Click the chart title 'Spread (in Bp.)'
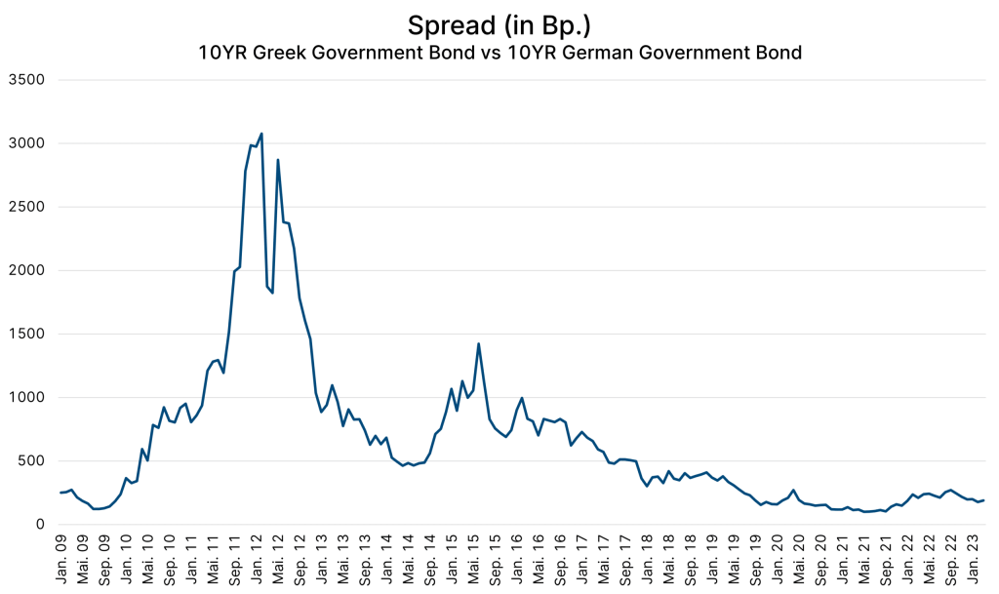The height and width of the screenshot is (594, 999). click(499, 23)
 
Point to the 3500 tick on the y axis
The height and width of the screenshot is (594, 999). click(27, 80)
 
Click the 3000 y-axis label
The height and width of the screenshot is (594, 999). click(27, 143)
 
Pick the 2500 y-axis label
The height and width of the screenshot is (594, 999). click(27, 207)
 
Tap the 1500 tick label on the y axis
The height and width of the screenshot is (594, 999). click(27, 334)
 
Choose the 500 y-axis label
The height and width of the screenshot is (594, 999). click(31, 460)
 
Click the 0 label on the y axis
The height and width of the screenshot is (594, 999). click(40, 525)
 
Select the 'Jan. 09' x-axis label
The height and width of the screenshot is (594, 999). click(60, 560)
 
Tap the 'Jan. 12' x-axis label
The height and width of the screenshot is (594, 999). click(258, 560)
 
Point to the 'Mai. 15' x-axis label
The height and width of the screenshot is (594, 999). click(477, 560)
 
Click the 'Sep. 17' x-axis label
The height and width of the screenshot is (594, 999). click(630, 560)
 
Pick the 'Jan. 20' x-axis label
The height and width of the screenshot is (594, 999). click(783, 560)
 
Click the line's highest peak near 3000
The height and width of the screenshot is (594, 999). click(261, 134)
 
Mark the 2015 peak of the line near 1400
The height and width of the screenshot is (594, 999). click(478, 343)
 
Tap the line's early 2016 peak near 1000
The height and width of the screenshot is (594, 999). click(522, 398)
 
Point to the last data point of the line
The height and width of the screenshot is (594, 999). click(984, 500)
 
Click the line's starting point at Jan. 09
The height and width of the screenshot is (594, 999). click(60, 493)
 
